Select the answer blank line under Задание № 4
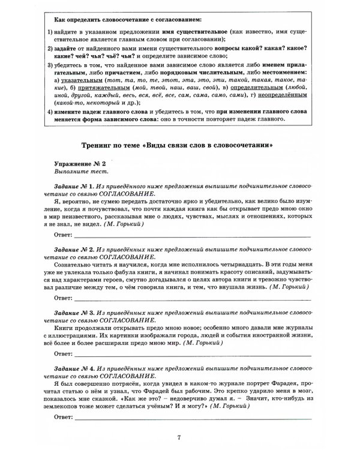pos(192,416)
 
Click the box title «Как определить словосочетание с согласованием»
pos(127,21)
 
